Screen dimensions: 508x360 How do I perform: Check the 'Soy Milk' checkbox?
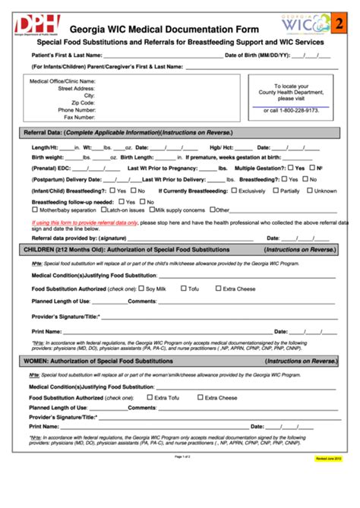click(141, 289)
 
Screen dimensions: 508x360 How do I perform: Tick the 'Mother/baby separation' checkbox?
click(36, 209)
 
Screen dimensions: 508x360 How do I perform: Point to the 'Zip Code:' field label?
click(81, 103)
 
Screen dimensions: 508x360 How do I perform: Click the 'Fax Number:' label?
click(79, 117)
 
